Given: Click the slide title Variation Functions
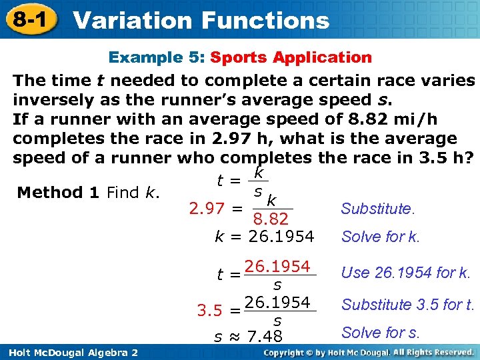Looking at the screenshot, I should coord(201,20).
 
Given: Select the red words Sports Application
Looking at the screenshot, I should coord(291,57).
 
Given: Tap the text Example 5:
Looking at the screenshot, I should coord(157,57).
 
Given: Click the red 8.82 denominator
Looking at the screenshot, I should coord(271,219).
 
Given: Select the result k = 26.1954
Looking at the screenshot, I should coord(264,236).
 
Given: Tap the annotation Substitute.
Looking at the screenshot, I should coord(377,209).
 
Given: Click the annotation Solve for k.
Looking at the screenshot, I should coord(380,237).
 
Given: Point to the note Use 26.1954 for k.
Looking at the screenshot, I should coord(405,272).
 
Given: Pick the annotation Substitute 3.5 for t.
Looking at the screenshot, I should coord(407,305).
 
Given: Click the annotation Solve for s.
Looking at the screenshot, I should coord(380,332).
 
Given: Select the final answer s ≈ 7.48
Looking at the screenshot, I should coord(248,335).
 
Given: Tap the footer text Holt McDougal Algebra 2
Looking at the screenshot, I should coord(70,351).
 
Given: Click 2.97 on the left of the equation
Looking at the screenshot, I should coord(207,209).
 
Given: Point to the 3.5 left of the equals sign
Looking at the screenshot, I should coord(210,311).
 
